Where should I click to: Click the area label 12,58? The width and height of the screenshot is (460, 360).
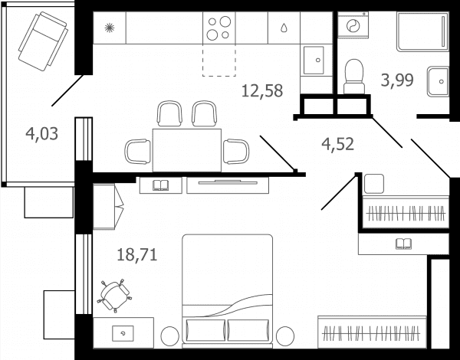point(262,91)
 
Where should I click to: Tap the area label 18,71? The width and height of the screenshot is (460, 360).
point(137,254)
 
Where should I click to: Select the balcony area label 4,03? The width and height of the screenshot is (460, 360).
point(41,134)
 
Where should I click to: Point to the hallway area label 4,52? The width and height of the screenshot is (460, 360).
point(337,144)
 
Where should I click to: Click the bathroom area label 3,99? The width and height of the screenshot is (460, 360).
point(397,80)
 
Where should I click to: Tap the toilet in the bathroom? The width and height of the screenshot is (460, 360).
point(354,77)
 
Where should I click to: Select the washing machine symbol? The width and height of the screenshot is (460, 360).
point(353,25)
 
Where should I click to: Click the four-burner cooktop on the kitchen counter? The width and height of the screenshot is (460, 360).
point(219,28)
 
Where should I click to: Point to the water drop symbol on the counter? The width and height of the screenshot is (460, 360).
point(284,28)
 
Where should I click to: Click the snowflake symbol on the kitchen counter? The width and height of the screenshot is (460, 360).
point(110,28)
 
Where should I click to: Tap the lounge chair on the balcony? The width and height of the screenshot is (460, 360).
point(43,41)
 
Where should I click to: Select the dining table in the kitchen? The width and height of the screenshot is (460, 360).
point(187,150)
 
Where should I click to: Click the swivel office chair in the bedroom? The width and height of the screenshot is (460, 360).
point(115,296)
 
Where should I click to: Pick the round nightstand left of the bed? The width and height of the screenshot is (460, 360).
point(170,336)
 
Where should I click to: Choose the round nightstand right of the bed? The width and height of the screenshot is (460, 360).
point(285,336)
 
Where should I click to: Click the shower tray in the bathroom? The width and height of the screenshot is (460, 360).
point(422,31)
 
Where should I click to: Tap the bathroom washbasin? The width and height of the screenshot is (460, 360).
point(438,81)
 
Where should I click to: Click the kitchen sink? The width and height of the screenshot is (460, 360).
point(314,60)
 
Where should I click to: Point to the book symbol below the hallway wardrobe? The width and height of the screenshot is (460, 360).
point(403,244)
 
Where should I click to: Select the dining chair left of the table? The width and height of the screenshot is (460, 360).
point(137,151)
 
